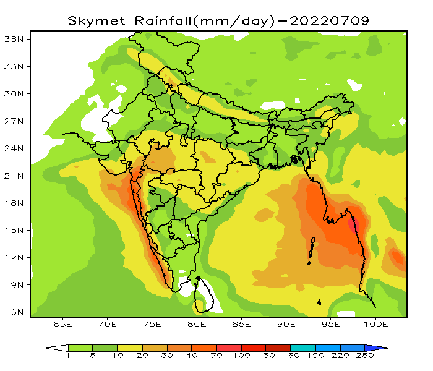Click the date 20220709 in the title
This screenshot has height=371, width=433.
tap(328, 20)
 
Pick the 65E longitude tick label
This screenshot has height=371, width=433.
tap(62, 324)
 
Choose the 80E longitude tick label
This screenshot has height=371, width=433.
tap(197, 324)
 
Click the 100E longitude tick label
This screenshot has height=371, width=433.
tap(375, 324)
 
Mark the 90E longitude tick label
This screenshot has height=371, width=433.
tap(286, 324)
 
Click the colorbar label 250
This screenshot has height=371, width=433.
tap(364, 357)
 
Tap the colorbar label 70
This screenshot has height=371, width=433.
tap(216, 357)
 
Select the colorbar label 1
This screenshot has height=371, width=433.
tap(68, 357)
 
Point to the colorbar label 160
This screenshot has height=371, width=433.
tap(290, 357)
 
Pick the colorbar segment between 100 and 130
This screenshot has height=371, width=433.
tap(253, 348)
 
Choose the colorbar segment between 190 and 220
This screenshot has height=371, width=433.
tap(327, 348)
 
